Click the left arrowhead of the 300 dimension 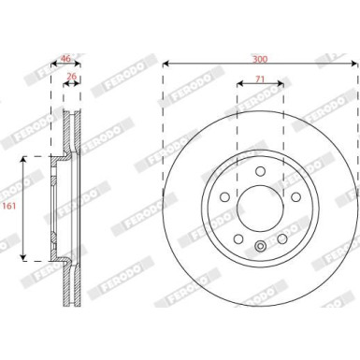(x=166, y=65)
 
